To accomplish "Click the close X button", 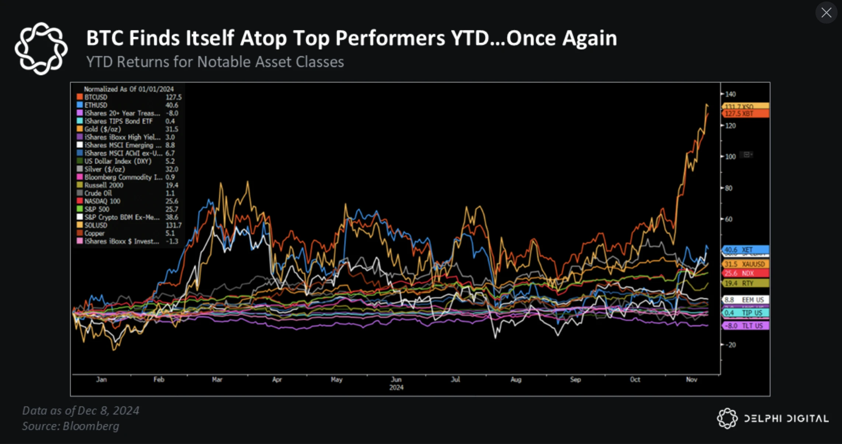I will (826, 13).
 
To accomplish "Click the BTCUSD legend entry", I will (96, 97).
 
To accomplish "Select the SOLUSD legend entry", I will (96, 225).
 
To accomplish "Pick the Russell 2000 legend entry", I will (104, 185).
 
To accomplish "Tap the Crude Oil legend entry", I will (98, 193).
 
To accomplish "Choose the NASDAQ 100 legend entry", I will (102, 201).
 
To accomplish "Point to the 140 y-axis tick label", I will (730, 94).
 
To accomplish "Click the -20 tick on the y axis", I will (730, 345).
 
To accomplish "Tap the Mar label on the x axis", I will (217, 379).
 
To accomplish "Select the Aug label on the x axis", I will (516, 379).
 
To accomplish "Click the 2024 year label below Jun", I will (396, 388).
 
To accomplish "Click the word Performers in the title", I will (390, 38).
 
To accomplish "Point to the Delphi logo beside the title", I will (41, 49).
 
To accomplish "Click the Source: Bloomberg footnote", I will (71, 426).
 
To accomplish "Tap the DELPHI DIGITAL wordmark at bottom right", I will (786, 419).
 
